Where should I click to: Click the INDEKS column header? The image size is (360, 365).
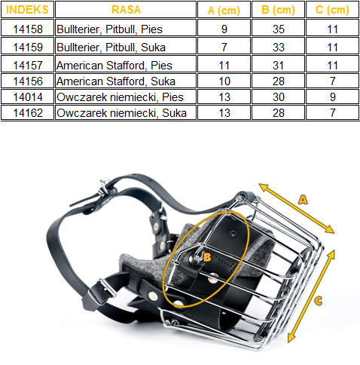[27, 10]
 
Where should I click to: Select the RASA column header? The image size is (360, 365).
[126, 10]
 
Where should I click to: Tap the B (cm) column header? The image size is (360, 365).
[278, 10]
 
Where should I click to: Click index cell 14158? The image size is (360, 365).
[28, 29]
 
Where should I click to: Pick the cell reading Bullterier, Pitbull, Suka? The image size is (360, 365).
[111, 48]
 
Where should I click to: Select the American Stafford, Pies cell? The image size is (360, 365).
[114, 66]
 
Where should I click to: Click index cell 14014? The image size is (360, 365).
[28, 97]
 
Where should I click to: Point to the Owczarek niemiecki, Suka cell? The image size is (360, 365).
[121, 113]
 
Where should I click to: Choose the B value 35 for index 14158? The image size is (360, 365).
[279, 29]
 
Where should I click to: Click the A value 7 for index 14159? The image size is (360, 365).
[224, 48]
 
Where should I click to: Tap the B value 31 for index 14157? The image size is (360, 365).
[279, 66]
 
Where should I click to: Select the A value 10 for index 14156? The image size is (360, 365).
[224, 81]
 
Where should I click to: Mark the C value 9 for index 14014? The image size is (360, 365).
[333, 97]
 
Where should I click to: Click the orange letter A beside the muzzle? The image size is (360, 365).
[303, 200]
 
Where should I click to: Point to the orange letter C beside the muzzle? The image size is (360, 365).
[319, 301]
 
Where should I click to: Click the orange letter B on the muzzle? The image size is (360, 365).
[207, 257]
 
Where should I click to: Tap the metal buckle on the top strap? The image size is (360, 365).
[105, 186]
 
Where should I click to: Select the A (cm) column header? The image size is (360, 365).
[224, 10]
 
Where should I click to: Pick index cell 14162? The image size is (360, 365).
[28, 113]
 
